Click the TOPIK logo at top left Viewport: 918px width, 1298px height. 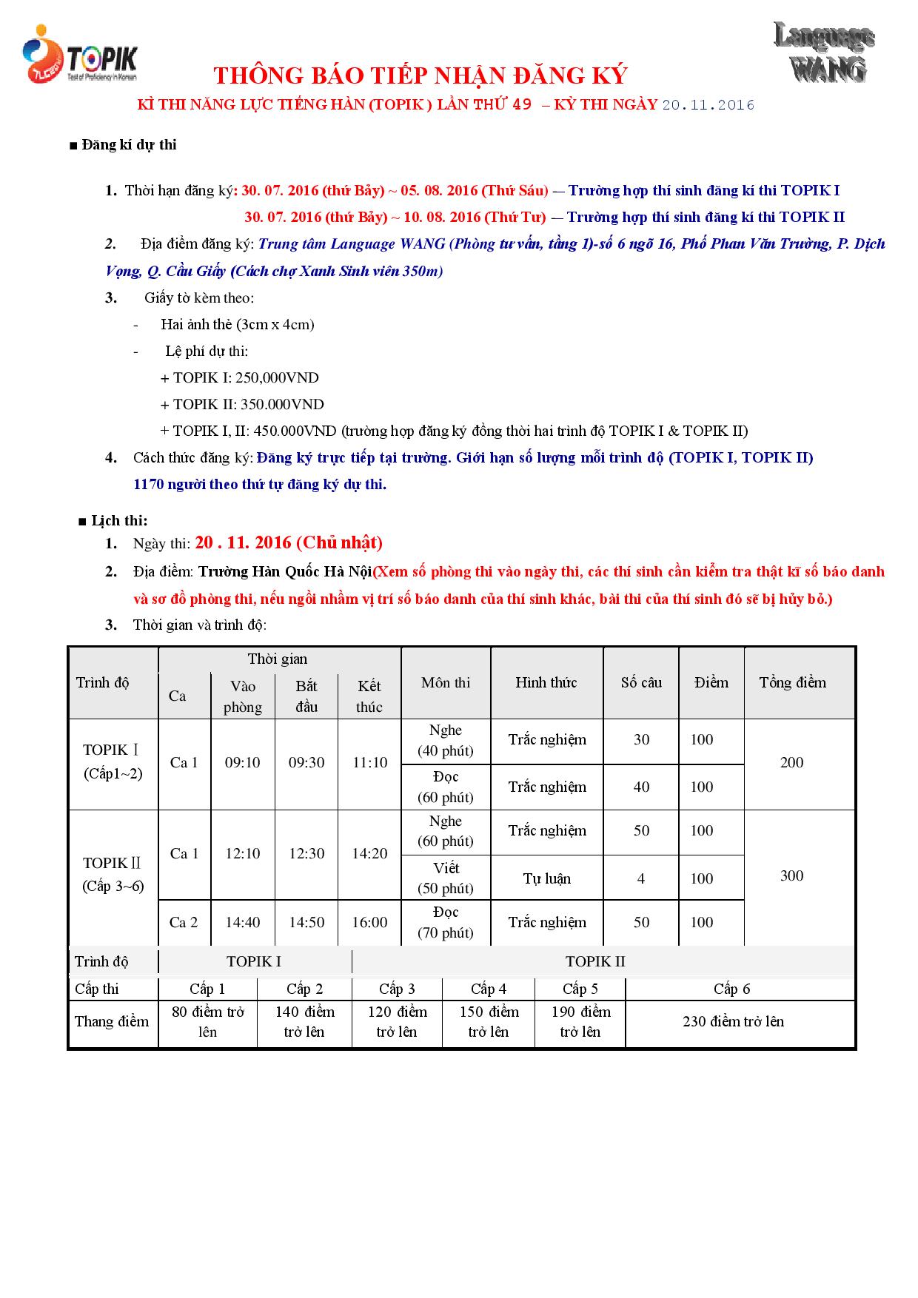[80, 55]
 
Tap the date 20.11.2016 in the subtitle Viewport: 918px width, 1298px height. [708, 105]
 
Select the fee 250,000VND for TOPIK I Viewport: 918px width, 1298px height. [277, 378]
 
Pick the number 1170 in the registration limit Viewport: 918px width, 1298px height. [147, 485]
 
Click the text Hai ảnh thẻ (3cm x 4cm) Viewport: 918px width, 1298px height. [238, 325]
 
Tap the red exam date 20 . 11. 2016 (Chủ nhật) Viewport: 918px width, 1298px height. [289, 543]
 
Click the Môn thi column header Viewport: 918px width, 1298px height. [446, 682]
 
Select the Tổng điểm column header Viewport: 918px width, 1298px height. [792, 682]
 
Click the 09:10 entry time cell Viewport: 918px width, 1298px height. [243, 762]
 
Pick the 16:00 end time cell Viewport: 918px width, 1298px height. [369, 922]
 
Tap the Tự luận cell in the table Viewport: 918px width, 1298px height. [547, 878]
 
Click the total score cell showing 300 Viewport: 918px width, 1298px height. [791, 876]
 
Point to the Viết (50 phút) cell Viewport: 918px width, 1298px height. [446, 878]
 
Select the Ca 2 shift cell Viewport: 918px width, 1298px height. [184, 922]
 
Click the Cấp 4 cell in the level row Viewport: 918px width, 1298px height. [489, 989]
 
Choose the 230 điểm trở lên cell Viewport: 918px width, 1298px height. [733, 1021]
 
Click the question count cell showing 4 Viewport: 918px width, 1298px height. [641, 878]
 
